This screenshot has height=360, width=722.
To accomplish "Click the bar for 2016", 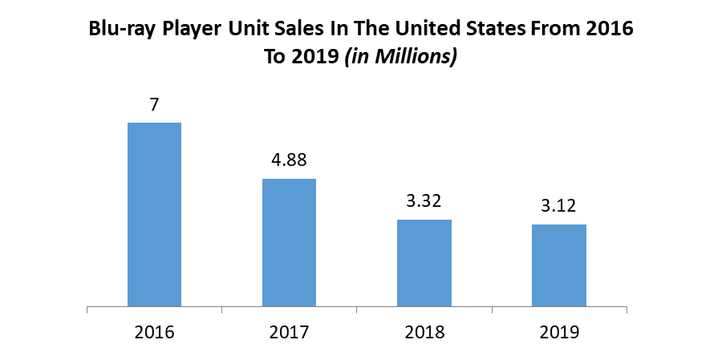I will (x=154, y=214).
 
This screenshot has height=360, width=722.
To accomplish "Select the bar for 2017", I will (x=289, y=242).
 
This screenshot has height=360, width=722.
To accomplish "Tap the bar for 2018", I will (x=424, y=263).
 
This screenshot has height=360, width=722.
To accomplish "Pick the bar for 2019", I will (x=559, y=265).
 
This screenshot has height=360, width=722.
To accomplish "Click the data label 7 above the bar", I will (x=154, y=106).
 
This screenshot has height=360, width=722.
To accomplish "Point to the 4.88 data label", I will (x=289, y=160).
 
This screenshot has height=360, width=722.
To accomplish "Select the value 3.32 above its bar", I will (x=424, y=201).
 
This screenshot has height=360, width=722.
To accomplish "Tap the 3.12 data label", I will (x=559, y=207).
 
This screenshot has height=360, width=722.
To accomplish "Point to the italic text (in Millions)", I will (x=400, y=59).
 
